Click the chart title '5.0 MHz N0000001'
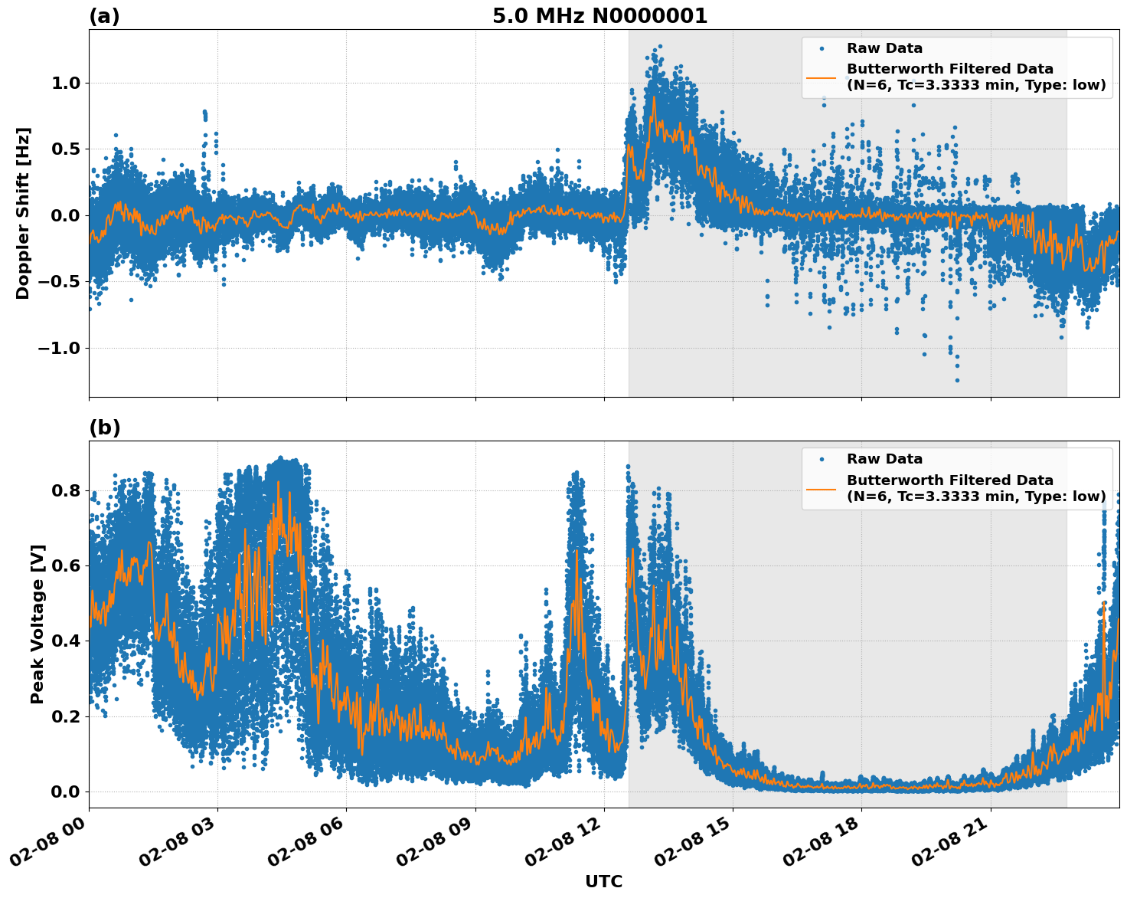click(x=599, y=16)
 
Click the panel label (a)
click(x=104, y=16)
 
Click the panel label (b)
click(x=104, y=428)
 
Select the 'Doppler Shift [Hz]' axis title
click(x=23, y=213)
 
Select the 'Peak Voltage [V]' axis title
click(x=38, y=624)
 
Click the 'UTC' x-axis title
click(x=603, y=881)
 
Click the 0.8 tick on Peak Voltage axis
click(x=67, y=490)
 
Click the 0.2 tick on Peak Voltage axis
click(x=67, y=716)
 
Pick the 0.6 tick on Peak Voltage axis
click(x=67, y=565)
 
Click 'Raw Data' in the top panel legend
click(x=884, y=48)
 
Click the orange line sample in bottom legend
click(x=821, y=489)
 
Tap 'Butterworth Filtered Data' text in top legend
click(x=949, y=69)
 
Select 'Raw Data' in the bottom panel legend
click(x=884, y=459)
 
